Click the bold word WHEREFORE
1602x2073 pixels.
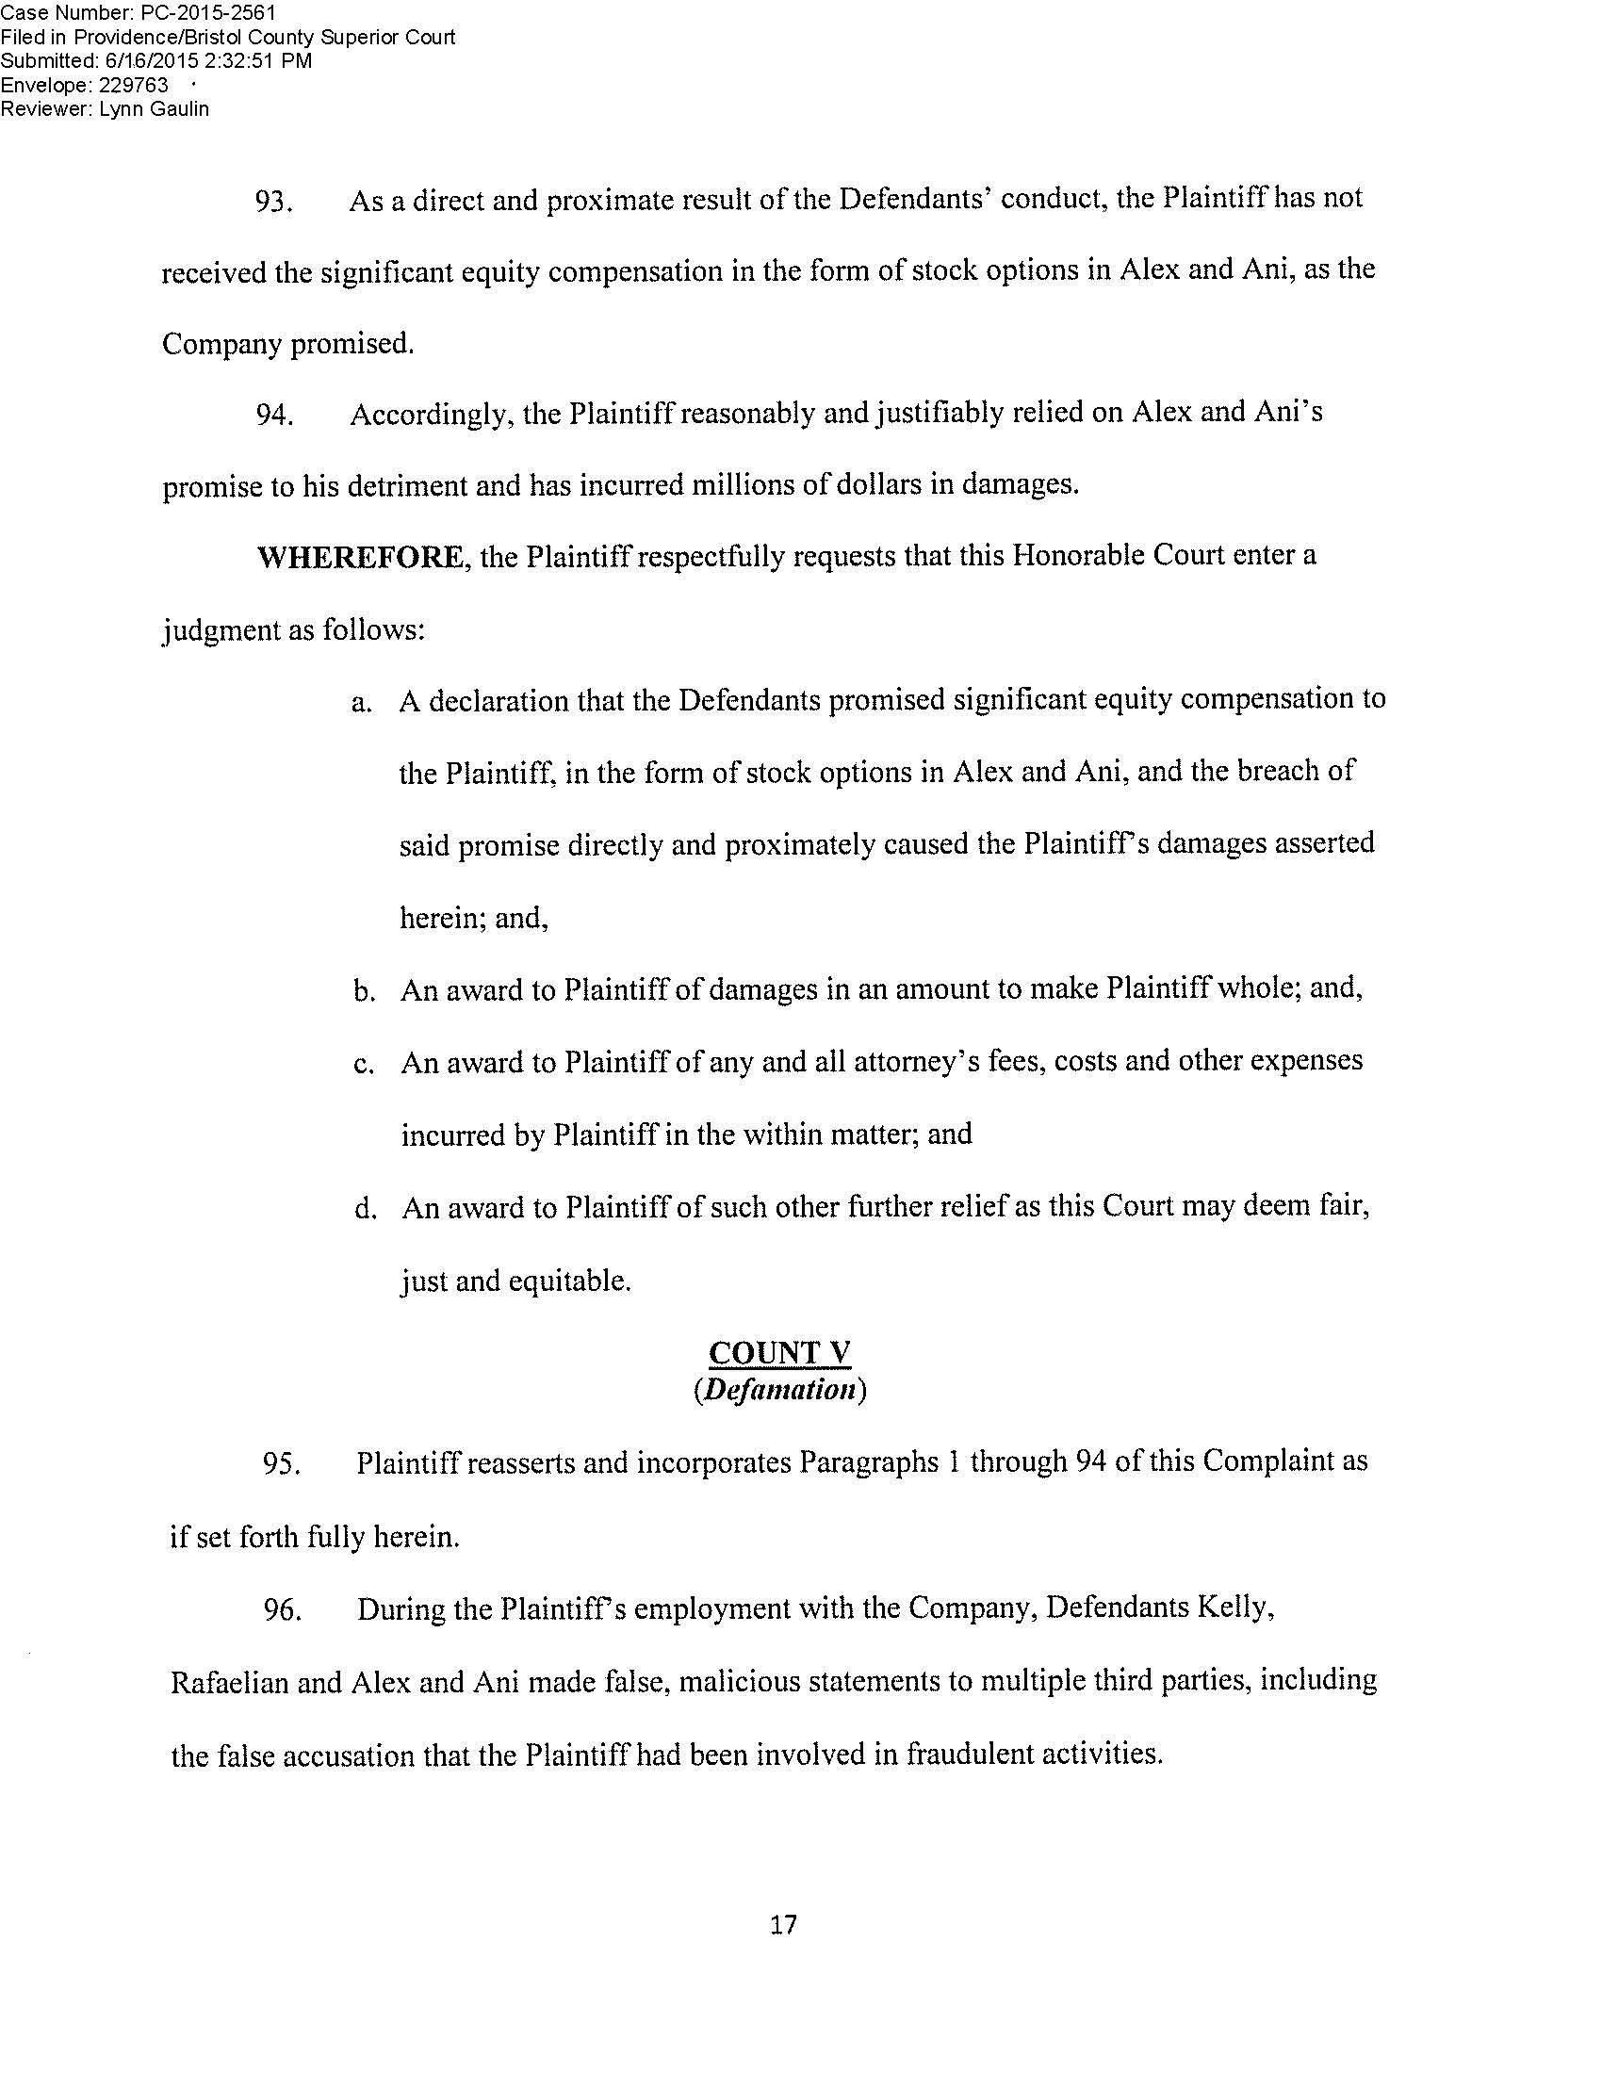[360, 557]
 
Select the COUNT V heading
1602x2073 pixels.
[780, 1353]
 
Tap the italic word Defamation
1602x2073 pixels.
[780, 1391]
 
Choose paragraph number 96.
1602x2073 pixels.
[281, 1611]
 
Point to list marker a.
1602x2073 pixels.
[360, 703]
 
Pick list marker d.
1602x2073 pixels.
[362, 1210]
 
